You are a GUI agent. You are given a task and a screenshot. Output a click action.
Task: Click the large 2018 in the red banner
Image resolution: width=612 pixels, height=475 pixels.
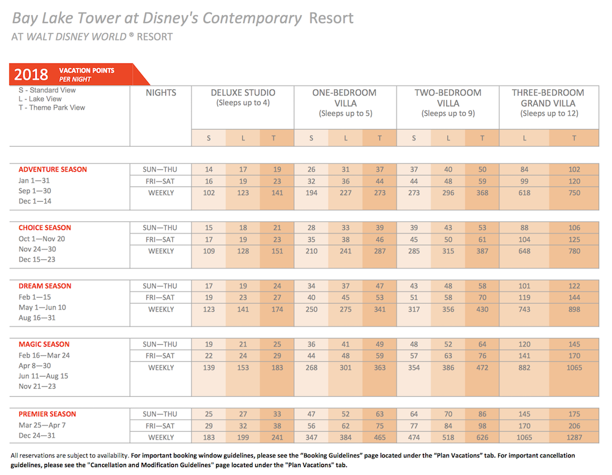point(31,75)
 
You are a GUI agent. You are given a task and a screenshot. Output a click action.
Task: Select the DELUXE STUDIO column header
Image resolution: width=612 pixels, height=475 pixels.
point(243,93)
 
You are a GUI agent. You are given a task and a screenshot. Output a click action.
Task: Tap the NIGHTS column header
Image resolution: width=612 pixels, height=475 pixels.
point(161,93)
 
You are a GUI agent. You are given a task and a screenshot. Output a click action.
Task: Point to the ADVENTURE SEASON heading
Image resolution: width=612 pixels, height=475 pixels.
point(53,169)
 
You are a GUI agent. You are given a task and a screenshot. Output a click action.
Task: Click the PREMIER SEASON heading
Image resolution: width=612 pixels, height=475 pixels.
point(47,414)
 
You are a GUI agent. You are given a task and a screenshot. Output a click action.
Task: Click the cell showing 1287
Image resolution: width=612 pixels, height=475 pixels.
point(574,438)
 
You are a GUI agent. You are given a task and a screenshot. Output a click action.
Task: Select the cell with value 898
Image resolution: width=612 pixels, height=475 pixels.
point(574,309)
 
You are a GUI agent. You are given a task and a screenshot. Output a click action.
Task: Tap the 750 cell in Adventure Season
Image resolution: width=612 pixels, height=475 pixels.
point(574,193)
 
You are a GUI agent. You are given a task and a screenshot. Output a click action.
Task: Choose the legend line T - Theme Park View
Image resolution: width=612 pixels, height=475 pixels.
point(51,108)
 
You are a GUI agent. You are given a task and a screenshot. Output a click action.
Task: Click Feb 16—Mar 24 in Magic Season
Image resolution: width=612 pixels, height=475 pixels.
point(44,355)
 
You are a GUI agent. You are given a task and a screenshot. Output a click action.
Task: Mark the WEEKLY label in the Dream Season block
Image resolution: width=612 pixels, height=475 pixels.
point(161,309)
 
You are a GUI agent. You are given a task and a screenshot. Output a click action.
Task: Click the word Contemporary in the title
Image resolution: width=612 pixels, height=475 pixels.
point(252,18)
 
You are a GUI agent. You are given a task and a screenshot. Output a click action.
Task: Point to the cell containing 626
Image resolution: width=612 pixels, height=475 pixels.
point(482,438)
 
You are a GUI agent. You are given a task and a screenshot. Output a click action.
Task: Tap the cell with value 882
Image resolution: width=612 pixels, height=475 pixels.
point(524,367)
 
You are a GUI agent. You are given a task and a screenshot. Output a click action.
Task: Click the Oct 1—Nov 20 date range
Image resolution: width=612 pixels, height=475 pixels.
point(42,238)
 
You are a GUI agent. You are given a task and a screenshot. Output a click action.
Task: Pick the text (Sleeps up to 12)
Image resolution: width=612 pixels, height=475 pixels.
point(549,114)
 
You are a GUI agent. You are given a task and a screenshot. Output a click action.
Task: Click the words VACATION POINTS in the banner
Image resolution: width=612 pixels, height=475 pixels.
point(87,70)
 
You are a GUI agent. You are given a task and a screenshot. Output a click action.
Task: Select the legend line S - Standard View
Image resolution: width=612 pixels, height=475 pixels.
point(47,90)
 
